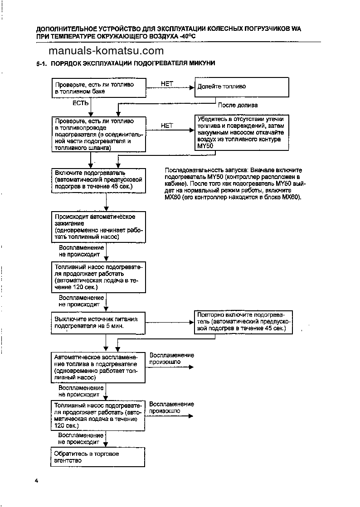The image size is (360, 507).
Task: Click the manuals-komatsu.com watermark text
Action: tap(106, 51)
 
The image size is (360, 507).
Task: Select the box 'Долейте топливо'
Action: tap(242, 87)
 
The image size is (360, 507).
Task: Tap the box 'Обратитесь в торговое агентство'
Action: tap(97, 457)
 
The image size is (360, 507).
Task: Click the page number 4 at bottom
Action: tap(36, 480)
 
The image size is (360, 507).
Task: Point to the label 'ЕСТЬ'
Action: tap(81, 103)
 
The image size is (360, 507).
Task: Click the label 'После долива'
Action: tap(238, 105)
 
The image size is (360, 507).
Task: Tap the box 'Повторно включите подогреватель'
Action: tap(243, 322)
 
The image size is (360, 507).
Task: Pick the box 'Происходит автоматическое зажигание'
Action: tap(98, 227)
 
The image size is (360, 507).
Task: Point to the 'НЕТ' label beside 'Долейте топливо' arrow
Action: tap(167, 84)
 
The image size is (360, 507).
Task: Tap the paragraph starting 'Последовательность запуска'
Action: tap(236, 183)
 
